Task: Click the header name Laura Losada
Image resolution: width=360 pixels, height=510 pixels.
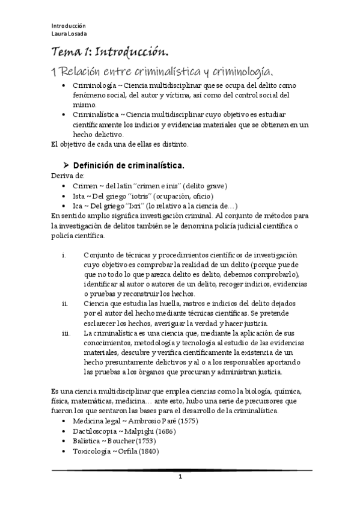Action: [68, 34]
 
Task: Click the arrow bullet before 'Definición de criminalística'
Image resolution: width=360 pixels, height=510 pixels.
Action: [66, 165]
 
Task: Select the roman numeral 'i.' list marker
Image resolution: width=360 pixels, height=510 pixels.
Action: [64, 254]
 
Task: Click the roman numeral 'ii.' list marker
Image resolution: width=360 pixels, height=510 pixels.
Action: [65, 304]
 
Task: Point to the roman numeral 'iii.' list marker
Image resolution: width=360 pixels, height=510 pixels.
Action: [66, 333]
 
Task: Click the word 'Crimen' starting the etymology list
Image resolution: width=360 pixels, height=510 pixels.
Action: [84, 186]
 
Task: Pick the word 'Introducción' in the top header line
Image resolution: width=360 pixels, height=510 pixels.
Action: [69, 26]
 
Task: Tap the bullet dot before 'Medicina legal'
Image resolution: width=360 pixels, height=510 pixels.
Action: [64, 421]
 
